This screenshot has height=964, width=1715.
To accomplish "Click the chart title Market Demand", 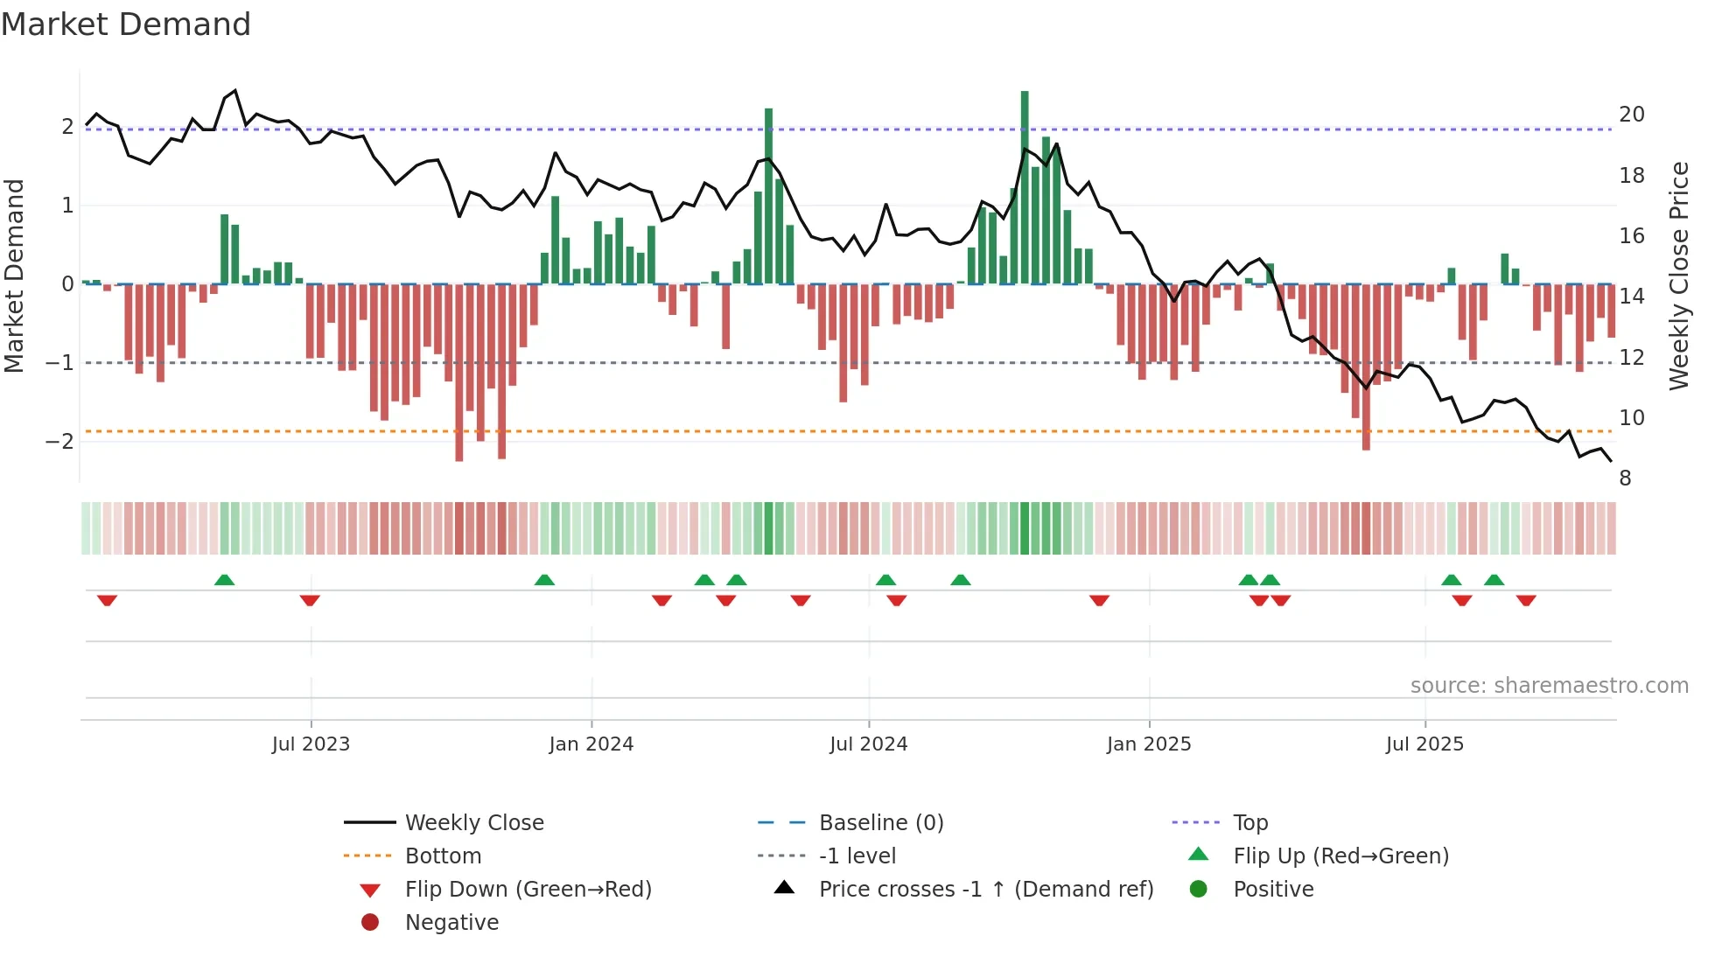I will [x=126, y=24].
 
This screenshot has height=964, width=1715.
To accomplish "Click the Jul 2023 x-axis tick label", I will [x=311, y=744].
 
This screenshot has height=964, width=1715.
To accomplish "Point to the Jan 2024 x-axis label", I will [x=591, y=744].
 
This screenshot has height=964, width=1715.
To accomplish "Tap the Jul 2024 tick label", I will [x=869, y=744].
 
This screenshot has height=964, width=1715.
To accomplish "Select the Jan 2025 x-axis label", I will [x=1149, y=744].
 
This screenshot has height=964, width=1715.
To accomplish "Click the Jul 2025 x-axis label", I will [x=1424, y=744].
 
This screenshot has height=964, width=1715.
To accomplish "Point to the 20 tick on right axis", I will [x=1632, y=115].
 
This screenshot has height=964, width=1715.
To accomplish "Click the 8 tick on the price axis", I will [x=1625, y=479].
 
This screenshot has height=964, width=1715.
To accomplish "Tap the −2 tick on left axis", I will [x=59, y=441].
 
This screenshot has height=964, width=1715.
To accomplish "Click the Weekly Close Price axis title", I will [x=1679, y=276].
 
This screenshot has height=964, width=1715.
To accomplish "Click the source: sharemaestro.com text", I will [x=1549, y=686].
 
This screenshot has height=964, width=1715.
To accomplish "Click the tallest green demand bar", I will [x=1025, y=188].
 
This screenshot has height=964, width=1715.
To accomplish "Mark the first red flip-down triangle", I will [x=107, y=600].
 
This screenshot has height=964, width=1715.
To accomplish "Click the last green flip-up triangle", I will [x=1494, y=580].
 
